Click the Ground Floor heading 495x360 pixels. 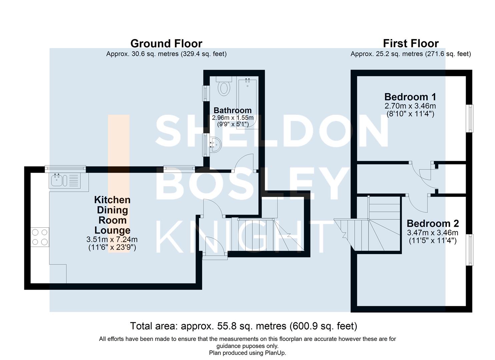coord(166,44)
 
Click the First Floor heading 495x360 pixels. coord(411,44)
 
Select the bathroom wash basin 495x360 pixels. coord(215,145)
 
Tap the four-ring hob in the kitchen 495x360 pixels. coord(40,237)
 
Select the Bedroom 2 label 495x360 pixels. coord(433,223)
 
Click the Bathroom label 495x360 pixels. coord(232,110)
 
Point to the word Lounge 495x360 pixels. coord(112,230)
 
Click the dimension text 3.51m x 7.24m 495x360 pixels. coord(112,239)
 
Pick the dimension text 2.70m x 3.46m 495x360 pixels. coord(410,106)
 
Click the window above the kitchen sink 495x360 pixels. coord(65,169)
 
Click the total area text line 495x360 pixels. coord(244,326)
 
